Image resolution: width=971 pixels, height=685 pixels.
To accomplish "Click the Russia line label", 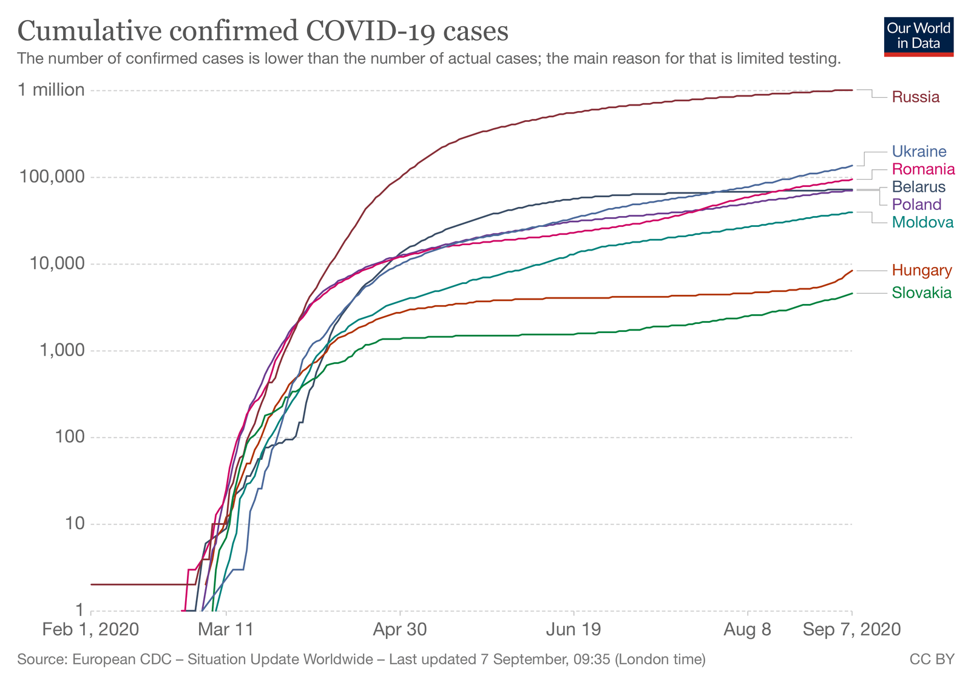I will coord(915,97).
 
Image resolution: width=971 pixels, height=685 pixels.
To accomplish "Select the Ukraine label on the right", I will coord(919,152).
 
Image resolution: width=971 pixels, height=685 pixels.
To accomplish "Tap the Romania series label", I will coord(923,169).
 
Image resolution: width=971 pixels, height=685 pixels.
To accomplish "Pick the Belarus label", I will coord(918,187).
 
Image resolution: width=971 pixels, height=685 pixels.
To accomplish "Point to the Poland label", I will coord(916,204).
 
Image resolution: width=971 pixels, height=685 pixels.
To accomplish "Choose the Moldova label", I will coord(922,222).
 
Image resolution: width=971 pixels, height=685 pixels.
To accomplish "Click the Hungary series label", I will coord(922,271).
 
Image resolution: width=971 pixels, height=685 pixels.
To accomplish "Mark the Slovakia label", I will coord(921,294).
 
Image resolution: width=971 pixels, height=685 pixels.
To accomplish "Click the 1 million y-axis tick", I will coord(51,90).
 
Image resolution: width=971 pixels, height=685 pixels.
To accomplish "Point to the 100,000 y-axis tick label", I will coord(52,177).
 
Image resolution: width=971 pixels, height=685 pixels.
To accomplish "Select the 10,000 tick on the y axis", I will coord(55,264).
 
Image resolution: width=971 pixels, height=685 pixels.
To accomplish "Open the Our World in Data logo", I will coord(918,36).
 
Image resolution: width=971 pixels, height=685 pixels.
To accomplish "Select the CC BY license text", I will coord(932,660).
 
